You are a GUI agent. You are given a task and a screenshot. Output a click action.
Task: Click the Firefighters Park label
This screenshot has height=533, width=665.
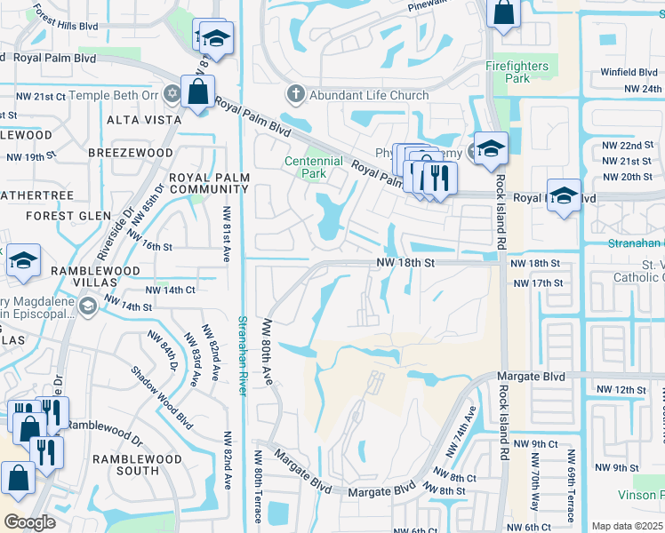pos(520,72)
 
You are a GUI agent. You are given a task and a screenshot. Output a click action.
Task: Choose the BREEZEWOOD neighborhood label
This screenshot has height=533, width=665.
pos(131,153)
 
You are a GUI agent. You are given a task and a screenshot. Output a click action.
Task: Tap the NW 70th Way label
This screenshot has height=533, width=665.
pos(533,493)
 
